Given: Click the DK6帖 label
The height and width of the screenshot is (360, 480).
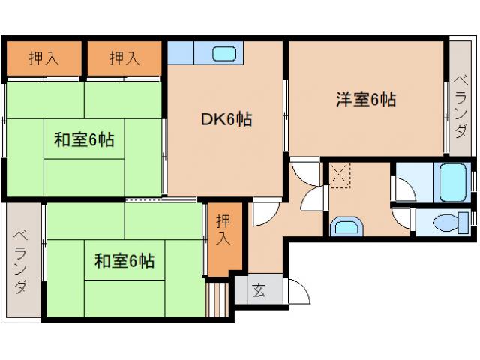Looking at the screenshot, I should pos(225,118).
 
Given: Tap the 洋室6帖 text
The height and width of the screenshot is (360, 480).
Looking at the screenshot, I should pos(365,99).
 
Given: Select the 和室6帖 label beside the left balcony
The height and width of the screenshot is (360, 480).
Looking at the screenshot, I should pos(124,261).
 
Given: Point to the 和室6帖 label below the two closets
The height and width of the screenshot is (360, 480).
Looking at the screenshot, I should pos(83,139).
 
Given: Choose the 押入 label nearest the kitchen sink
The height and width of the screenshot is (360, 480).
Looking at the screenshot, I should pos(124,58).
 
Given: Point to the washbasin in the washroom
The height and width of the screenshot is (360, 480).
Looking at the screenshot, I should pos(346,227).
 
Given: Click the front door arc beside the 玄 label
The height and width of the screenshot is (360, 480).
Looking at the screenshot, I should pos(298,292).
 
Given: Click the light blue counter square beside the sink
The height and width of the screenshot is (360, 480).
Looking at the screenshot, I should pos(181,53).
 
